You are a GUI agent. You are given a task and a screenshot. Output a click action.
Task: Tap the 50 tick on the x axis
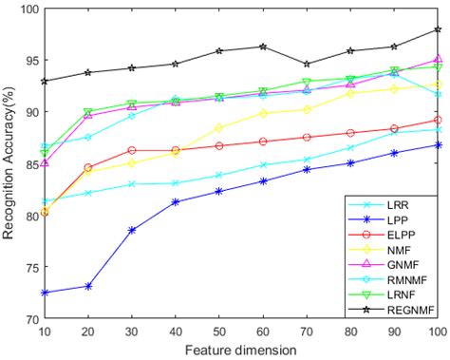[218, 331]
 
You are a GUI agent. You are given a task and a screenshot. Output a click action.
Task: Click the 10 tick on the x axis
[45, 331]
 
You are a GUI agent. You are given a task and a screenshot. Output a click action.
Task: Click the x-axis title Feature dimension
[241, 349]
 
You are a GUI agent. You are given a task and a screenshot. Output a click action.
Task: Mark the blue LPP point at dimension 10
[45, 293]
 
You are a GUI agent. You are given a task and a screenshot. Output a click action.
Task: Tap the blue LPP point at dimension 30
[132, 230]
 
